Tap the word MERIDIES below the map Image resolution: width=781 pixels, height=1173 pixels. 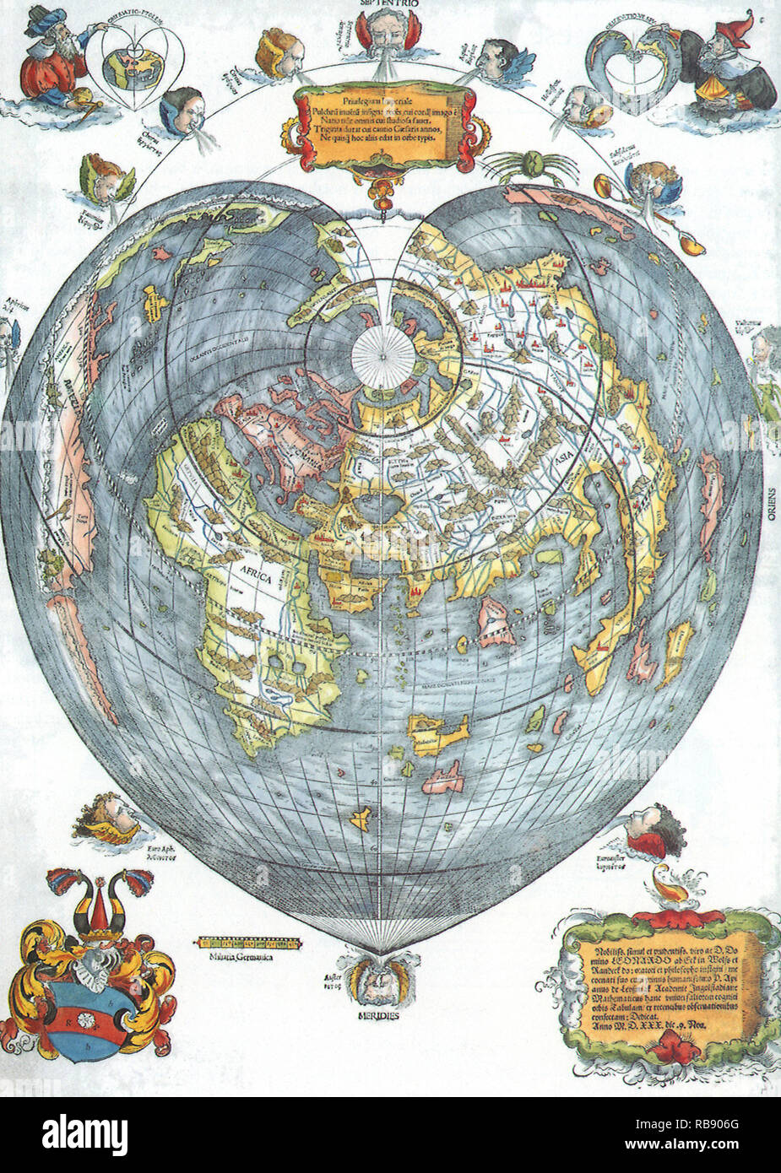377,1015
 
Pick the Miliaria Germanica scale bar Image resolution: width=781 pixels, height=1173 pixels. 248,943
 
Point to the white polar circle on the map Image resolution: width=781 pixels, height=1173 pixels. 381,354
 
